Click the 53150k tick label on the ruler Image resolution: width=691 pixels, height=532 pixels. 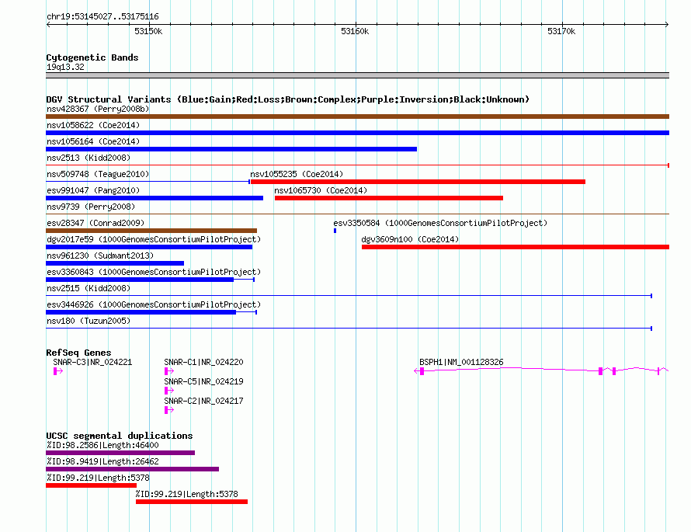[148, 31]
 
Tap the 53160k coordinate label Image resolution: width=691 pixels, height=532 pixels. [355, 31]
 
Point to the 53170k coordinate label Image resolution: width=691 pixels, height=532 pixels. [561, 31]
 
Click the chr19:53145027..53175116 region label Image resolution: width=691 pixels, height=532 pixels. [102, 17]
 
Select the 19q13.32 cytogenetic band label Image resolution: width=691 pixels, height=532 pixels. [65, 67]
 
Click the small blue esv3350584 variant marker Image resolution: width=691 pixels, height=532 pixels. [335, 231]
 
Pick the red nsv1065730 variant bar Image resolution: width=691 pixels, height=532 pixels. [389, 198]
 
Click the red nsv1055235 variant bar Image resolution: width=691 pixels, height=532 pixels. [418, 182]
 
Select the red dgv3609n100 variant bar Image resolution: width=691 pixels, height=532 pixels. [516, 247]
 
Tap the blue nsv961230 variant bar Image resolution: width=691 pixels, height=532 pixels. [115, 263]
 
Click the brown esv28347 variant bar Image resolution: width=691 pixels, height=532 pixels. [151, 231]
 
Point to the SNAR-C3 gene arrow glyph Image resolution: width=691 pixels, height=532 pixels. [57, 371]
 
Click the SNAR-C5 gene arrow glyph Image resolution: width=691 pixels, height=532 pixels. [168, 391]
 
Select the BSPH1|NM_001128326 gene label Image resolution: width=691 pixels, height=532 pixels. [461, 362]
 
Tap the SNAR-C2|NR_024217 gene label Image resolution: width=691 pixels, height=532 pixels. [203, 401]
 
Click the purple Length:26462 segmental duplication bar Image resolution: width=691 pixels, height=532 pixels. [132, 469]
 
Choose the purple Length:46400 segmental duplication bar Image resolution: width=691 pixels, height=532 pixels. [120, 453]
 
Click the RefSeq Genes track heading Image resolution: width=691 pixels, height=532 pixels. [78, 353]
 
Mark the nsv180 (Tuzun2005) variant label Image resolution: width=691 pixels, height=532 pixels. [89, 321]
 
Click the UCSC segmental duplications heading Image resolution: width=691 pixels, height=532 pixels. [120, 436]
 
